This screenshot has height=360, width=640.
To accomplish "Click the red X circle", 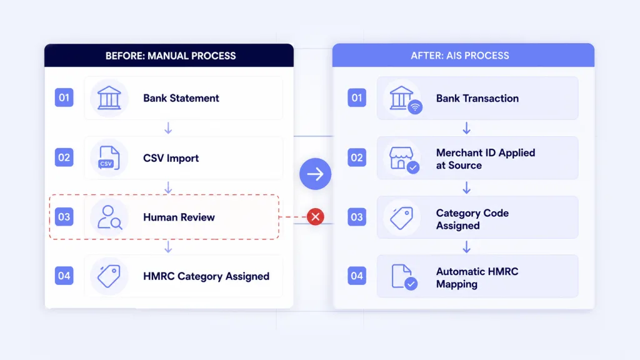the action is pos(316,217).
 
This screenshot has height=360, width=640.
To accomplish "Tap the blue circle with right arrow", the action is pos(315,174).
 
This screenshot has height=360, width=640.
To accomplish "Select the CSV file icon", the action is pos(109,157).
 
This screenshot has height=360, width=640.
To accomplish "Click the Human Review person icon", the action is pos(109,217).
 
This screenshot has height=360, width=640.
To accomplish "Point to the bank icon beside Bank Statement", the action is pos(109,98).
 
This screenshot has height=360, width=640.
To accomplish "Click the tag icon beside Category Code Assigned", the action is pos(402,218).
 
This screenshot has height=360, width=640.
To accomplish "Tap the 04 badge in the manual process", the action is pos(64,276).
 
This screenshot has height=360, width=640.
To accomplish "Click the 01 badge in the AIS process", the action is pos(357,98).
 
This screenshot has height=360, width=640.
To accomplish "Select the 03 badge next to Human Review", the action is pos(64,217).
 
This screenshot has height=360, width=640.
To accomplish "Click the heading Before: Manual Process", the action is pos(171,56).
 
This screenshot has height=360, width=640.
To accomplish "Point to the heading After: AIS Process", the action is pos(460,56).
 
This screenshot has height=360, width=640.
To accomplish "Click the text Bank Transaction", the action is pos(477,98).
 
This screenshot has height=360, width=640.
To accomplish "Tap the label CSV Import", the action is pos(171,158).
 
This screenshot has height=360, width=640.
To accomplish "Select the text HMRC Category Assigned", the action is pos(206,276).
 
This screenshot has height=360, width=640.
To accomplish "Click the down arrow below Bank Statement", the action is pos(168,128).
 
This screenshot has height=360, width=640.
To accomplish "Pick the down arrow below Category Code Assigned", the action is pos(466,247).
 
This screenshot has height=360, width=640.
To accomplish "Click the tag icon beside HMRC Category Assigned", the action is pos(109,276).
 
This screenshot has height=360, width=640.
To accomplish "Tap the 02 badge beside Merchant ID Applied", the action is pos(357,157).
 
